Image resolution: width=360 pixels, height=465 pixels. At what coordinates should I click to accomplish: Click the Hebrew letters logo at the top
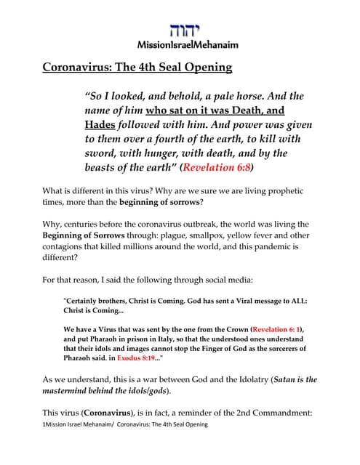(180, 31)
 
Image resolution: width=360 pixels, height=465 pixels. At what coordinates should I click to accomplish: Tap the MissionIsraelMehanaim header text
(180, 44)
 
